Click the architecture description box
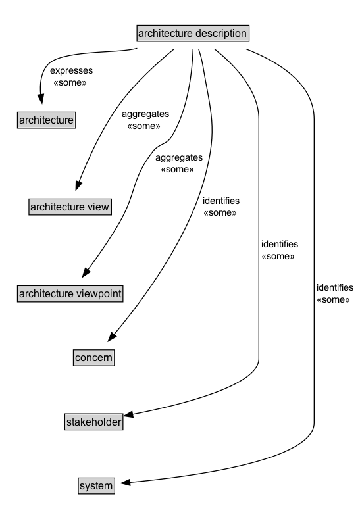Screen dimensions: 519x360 pos(193,32)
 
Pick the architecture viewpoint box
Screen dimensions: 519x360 pos(70,293)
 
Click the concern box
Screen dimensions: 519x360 pos(93,357)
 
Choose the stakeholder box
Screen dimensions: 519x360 pos(93,422)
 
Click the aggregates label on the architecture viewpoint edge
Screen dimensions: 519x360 pos(178,159)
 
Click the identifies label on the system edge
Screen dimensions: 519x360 pos(335,287)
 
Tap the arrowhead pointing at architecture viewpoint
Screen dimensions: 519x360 pos(86,272)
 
